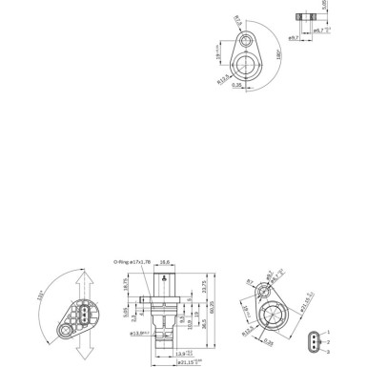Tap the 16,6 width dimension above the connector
(x=165, y=260)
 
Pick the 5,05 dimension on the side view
(x=126, y=312)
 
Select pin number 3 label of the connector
(x=326, y=351)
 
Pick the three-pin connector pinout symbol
(x=313, y=341)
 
